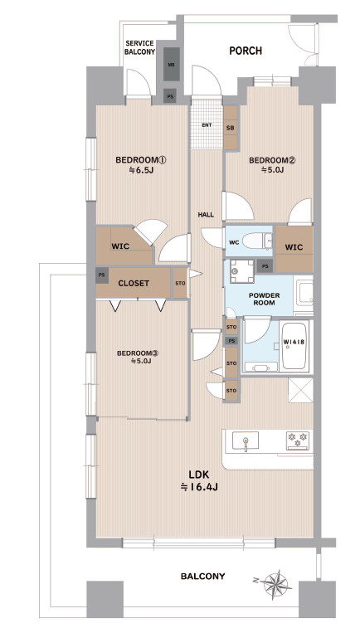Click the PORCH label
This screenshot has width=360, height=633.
(246, 51)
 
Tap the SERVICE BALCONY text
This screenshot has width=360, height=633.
(139, 47)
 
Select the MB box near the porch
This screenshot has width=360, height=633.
(171, 64)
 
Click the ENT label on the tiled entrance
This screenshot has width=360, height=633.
(207, 125)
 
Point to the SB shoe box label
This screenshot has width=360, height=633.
(231, 128)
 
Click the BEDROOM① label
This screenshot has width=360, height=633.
(141, 160)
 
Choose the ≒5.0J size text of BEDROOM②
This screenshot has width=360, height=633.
(272, 170)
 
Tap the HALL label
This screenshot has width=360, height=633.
(206, 215)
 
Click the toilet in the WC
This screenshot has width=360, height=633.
(257, 241)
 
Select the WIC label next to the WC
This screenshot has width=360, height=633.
(294, 247)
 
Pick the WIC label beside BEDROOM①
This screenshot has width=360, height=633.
(120, 246)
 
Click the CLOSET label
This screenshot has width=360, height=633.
(134, 284)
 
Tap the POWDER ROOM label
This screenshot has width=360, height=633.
(265, 299)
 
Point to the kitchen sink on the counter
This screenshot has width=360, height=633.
(245, 441)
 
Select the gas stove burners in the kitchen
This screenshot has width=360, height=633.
(298, 440)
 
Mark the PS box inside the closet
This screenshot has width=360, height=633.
(102, 275)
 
